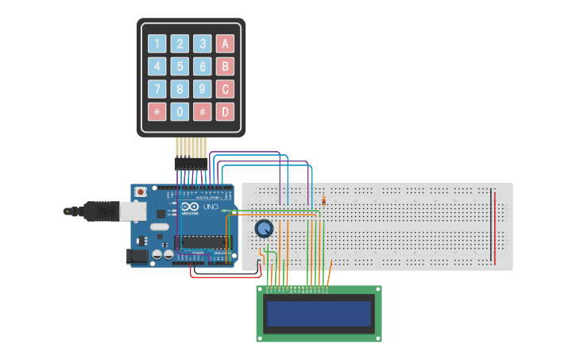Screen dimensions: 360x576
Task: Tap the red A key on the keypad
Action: tap(225, 44)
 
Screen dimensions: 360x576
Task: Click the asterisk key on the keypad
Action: tap(157, 112)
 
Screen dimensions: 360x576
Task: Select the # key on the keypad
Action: tap(203, 112)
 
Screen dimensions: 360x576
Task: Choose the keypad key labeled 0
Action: tap(180, 112)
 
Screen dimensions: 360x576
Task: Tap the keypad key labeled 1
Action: tap(157, 44)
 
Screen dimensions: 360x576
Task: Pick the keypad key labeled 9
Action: tap(203, 89)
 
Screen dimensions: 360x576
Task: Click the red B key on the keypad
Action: tap(225, 67)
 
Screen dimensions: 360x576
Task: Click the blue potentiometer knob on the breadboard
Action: tap(264, 229)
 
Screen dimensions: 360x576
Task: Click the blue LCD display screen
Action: tap(319, 313)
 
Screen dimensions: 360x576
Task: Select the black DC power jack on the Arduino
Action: tap(137, 256)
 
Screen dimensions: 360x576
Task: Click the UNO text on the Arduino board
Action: tap(211, 207)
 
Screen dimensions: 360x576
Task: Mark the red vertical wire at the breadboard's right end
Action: tap(497, 227)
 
